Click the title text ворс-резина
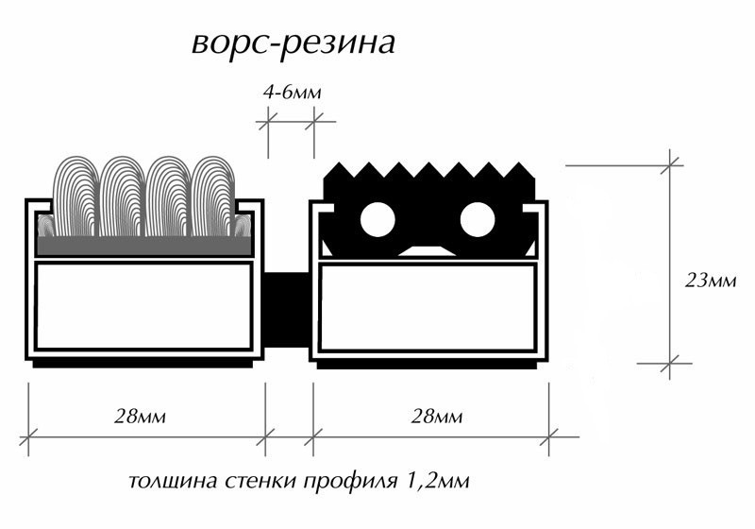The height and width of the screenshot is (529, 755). click(x=292, y=43)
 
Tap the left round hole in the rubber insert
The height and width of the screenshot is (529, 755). click(x=377, y=220)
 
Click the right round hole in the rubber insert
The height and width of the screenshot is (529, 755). click(x=478, y=220)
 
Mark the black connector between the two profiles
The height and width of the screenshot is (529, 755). click(x=288, y=312)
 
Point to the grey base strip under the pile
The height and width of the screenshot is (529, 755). click(x=143, y=246)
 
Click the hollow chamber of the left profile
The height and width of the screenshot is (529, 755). click(x=143, y=305)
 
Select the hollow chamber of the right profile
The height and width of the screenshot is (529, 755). click(x=429, y=305)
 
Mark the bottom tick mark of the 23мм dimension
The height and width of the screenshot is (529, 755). click(x=672, y=360)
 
